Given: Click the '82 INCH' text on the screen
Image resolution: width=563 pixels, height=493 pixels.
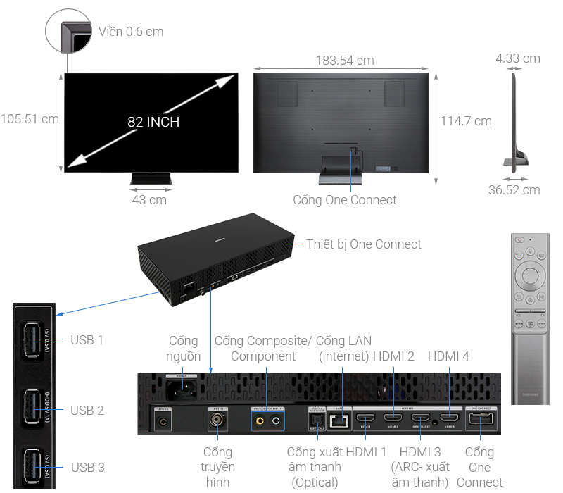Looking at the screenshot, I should click(153, 122).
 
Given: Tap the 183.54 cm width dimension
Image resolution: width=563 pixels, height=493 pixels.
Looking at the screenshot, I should click(345, 61).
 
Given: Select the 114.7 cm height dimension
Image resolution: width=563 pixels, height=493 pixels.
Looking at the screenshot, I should click(466, 121).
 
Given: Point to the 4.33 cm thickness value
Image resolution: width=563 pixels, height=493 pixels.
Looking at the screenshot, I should click(517, 58).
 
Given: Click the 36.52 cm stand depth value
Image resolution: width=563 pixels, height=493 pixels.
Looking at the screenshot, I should click(514, 189).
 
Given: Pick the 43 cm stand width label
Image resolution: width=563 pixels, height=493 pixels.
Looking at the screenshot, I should click(149, 200).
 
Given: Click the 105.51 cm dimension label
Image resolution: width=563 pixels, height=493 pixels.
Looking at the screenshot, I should click(30, 118).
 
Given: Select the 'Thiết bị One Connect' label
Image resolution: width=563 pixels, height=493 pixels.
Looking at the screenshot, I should click(364, 244).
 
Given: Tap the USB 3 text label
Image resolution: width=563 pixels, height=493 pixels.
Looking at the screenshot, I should click(87, 467).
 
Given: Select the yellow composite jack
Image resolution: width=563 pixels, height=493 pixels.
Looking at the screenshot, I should click(261, 421).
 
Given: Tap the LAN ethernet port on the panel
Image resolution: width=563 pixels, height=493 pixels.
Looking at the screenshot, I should click(340, 420).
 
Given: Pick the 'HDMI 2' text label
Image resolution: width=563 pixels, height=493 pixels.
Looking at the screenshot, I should click(393, 357).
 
